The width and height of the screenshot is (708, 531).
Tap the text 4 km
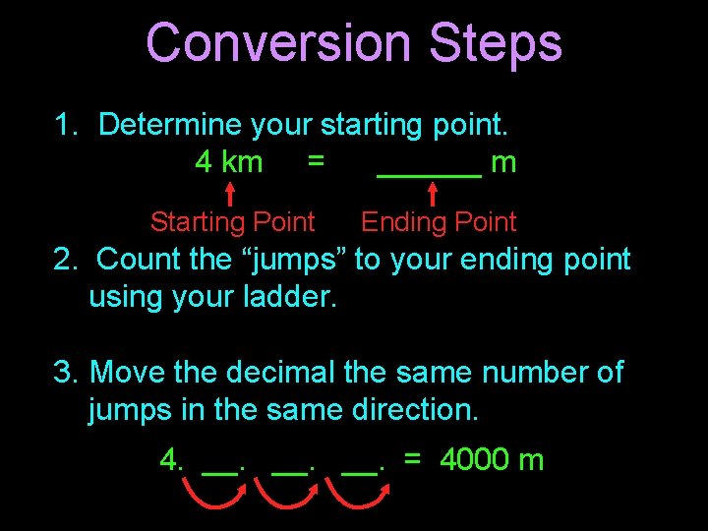click(x=229, y=161)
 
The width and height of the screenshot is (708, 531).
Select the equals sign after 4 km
click(x=314, y=160)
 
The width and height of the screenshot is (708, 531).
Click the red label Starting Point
click(x=232, y=222)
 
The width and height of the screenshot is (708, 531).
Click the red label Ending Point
click(x=439, y=222)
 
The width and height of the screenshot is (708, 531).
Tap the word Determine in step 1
click(x=170, y=125)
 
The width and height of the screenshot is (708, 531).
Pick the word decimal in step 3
click(x=281, y=373)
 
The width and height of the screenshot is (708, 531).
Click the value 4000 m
click(x=492, y=459)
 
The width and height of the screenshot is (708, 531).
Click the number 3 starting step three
click(x=64, y=373)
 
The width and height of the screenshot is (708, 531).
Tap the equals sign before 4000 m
click(x=413, y=459)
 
